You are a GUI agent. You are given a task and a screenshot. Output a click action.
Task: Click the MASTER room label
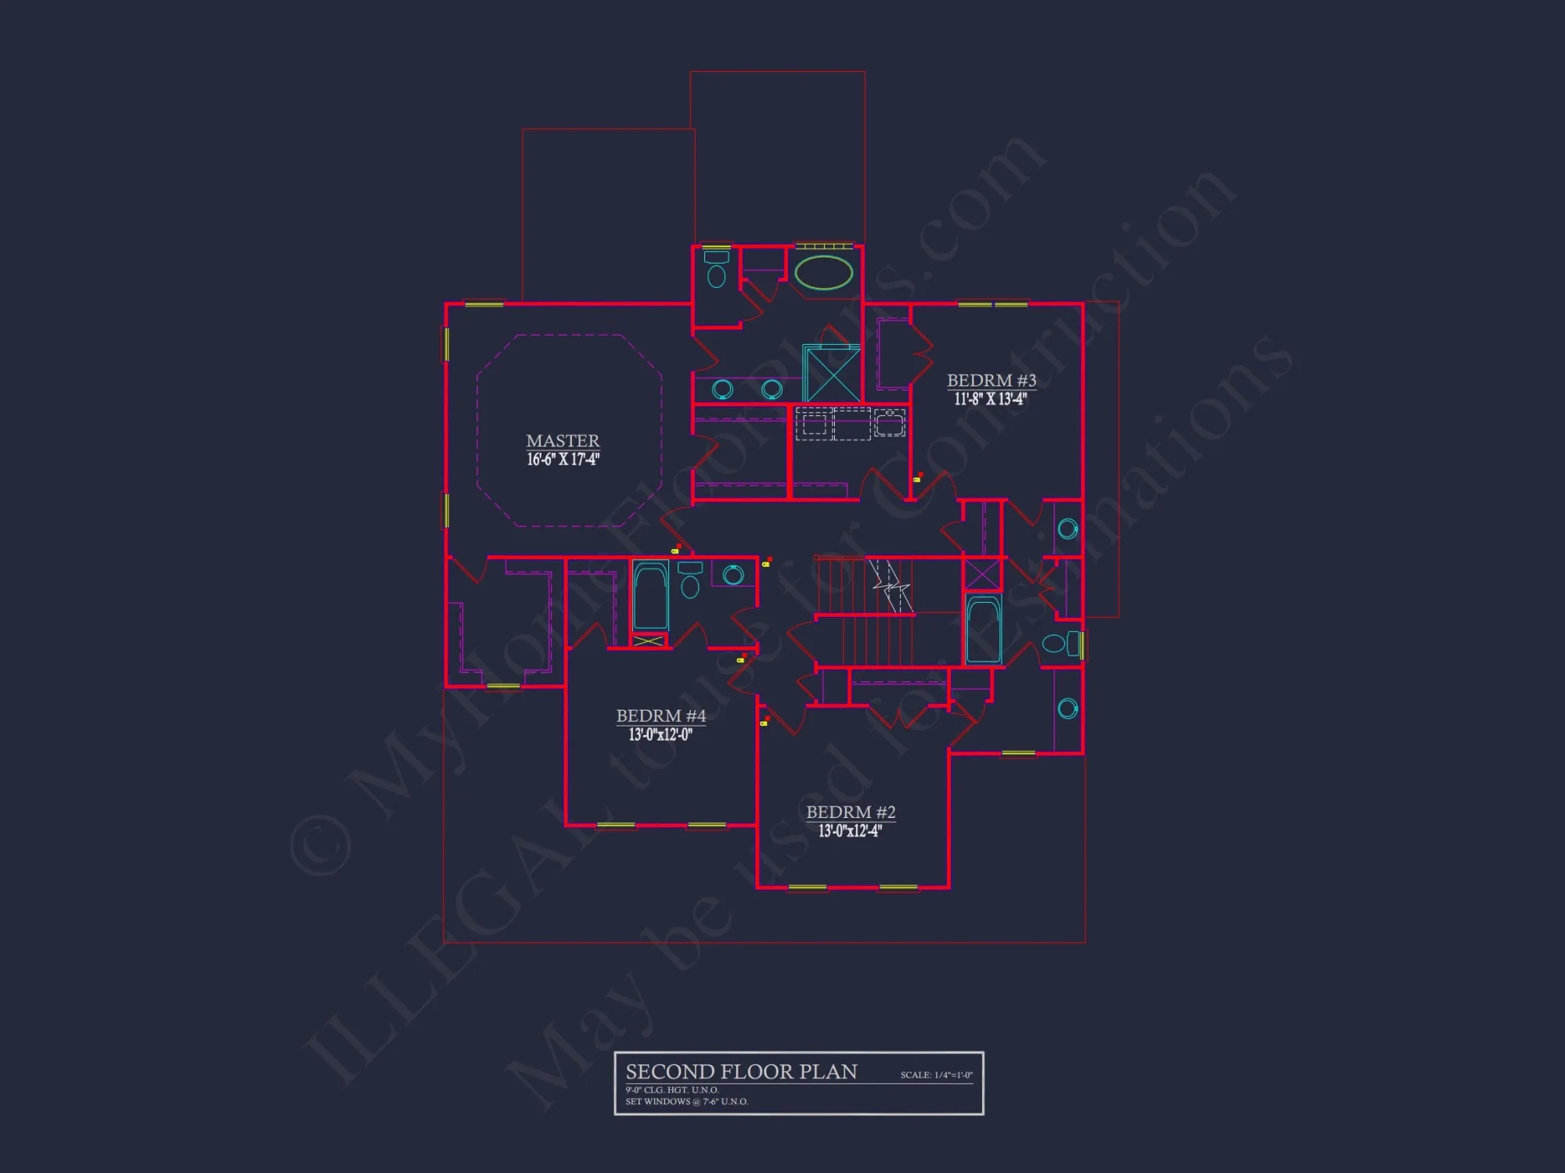[563, 441]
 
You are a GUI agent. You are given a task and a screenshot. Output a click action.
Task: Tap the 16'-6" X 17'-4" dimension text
[563, 460]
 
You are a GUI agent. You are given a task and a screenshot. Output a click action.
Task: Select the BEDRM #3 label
[991, 381]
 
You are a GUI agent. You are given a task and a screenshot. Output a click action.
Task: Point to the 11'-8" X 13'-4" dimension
[991, 399]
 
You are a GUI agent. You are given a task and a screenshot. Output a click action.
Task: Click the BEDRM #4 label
[660, 716]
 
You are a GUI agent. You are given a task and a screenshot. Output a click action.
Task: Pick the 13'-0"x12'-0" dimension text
[660, 734]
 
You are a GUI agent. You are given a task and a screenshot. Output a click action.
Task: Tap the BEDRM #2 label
[851, 812]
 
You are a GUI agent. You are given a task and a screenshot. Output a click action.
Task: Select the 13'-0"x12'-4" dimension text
[850, 830]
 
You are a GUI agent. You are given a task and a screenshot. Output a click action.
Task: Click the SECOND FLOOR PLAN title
[741, 1071]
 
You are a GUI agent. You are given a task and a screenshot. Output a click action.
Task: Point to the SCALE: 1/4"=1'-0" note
[936, 1075]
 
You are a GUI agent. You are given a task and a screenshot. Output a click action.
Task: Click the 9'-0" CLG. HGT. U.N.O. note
[671, 1090]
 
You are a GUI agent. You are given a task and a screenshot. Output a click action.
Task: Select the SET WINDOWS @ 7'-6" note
[686, 1102]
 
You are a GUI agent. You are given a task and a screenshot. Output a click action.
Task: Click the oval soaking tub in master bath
[823, 273]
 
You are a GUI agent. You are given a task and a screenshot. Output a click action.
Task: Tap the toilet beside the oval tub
[716, 270]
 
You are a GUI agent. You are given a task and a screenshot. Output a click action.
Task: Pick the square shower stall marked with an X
[833, 375]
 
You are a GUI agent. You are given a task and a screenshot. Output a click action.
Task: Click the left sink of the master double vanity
[722, 389]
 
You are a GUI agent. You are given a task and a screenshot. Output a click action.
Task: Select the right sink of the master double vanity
[772, 389]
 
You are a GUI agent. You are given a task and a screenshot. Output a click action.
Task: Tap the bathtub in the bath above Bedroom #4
[650, 597]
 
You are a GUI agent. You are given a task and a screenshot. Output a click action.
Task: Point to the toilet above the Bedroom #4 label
[690, 582]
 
